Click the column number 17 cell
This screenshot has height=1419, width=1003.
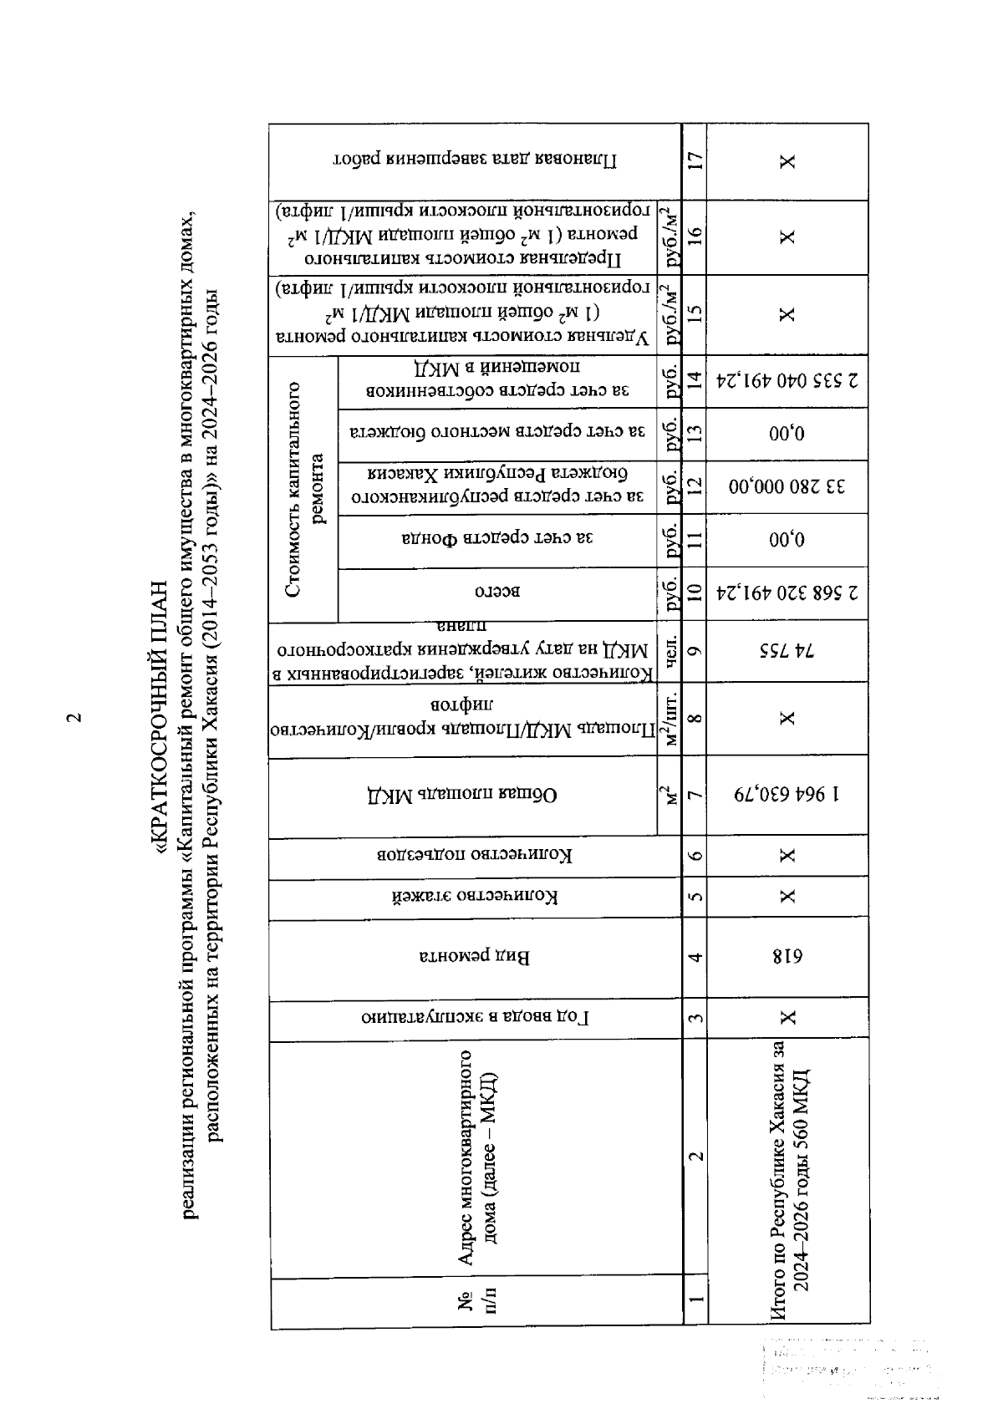point(694,161)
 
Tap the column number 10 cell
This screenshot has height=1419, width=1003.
point(694,593)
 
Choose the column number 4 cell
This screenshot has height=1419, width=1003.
point(694,958)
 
